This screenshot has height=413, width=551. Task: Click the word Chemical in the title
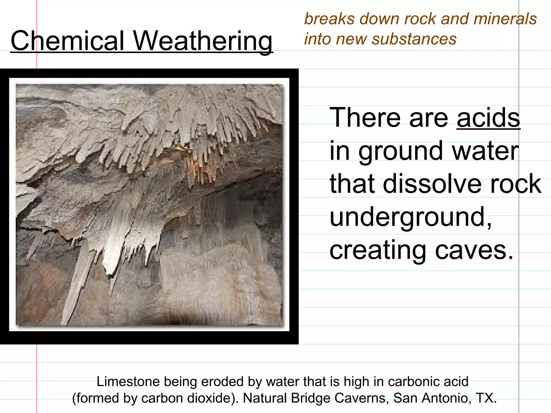point(67,41)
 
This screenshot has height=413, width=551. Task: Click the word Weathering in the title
point(203,41)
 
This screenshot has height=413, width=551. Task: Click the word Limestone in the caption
point(128,382)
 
